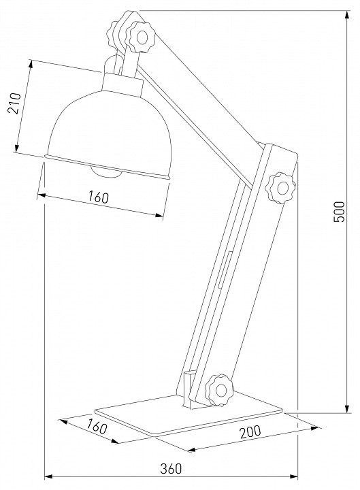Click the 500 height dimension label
(x=339, y=212)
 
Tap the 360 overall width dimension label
(x=171, y=468)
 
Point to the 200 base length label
(x=250, y=432)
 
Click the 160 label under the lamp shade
(x=98, y=197)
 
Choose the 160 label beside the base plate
(x=97, y=427)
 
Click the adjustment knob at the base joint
(x=220, y=390)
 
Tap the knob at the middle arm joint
(x=280, y=188)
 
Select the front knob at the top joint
(x=140, y=37)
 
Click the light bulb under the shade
(x=105, y=171)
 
